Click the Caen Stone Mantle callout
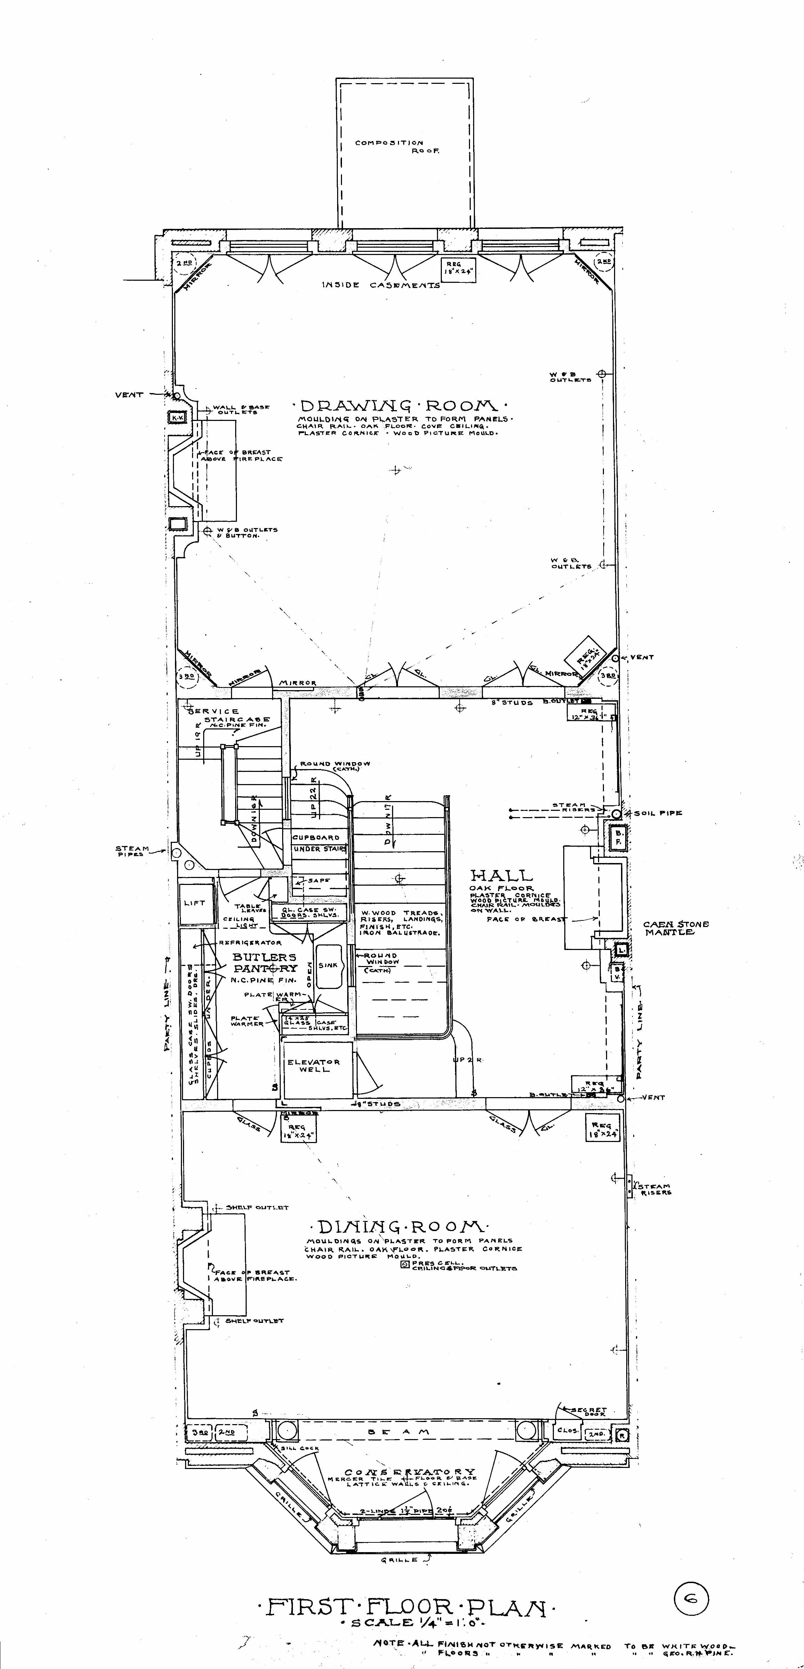pos(676,928)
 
